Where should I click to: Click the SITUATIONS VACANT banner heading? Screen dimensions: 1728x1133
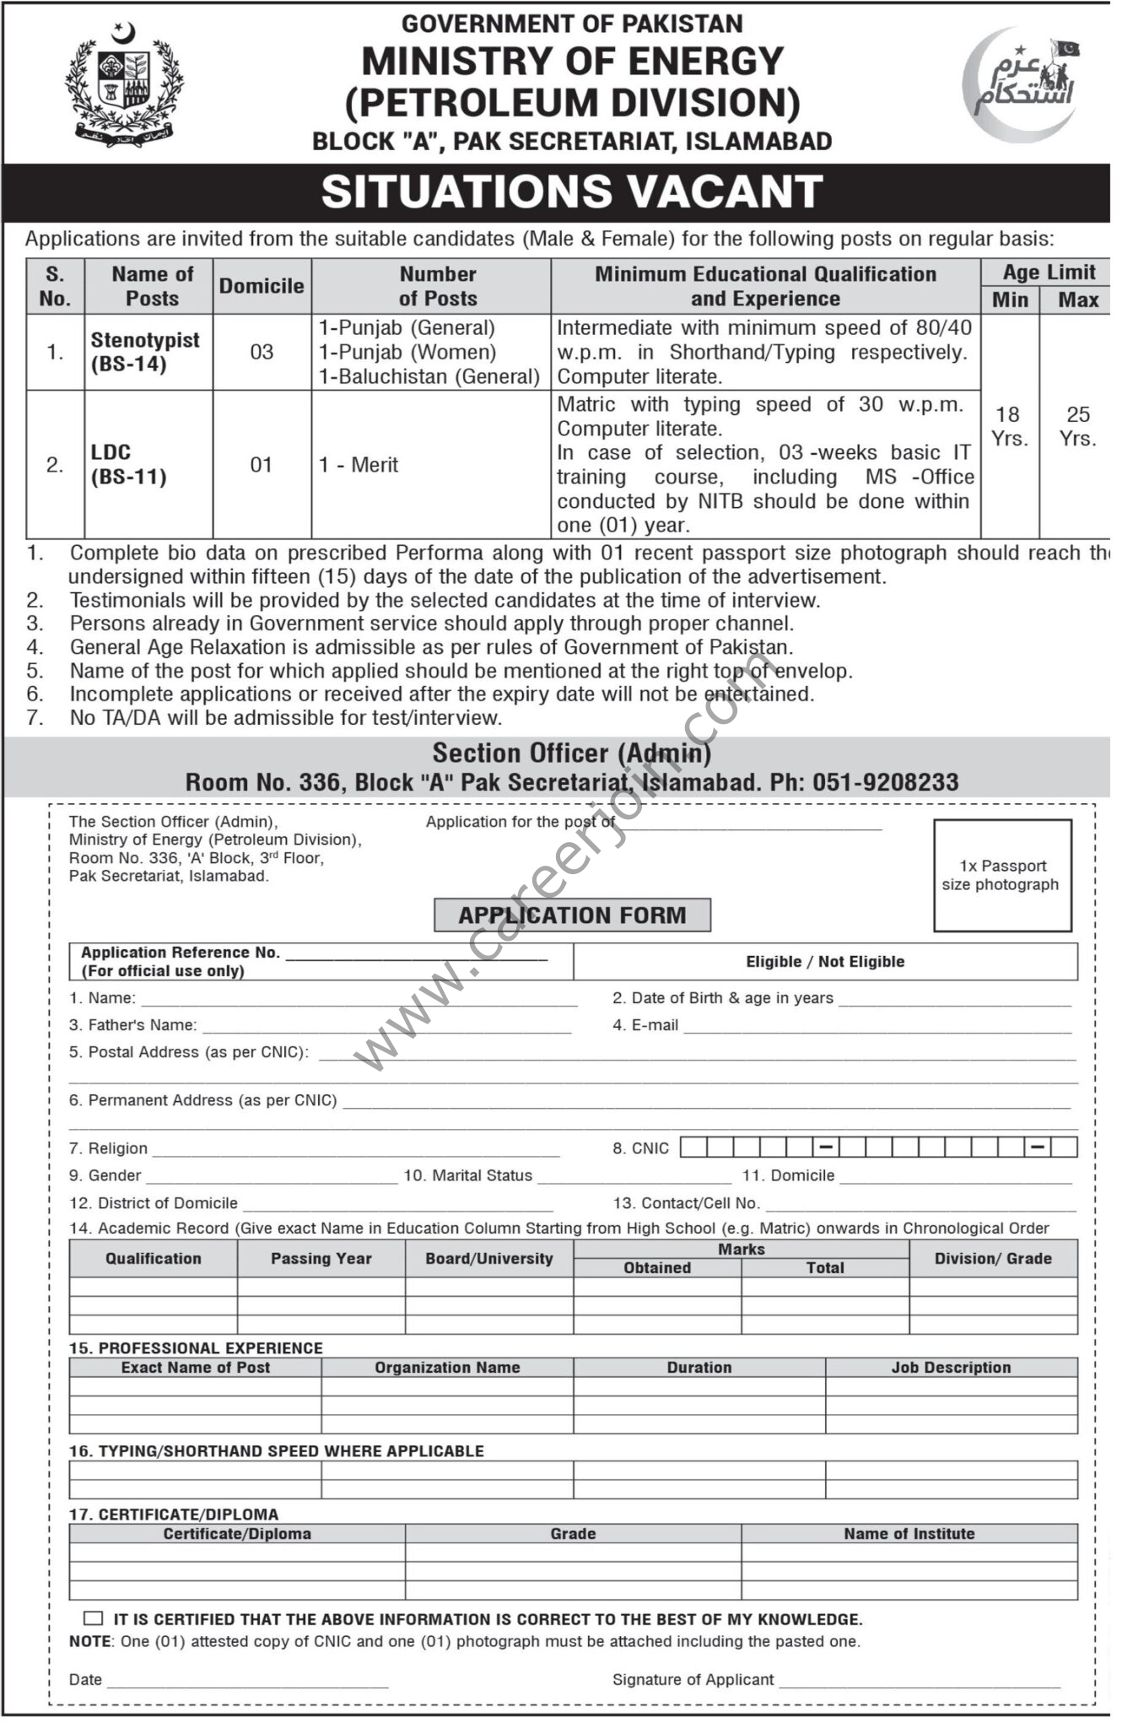(571, 192)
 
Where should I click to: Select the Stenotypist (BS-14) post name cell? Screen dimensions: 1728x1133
(145, 352)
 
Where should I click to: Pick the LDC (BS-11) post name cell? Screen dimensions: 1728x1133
(129, 464)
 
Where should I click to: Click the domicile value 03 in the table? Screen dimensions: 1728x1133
(262, 352)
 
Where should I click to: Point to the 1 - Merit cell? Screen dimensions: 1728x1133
(359, 465)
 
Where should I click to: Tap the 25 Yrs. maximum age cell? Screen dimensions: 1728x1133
(1077, 426)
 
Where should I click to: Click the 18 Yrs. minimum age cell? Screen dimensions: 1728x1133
(1008, 426)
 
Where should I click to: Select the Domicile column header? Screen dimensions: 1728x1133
(262, 286)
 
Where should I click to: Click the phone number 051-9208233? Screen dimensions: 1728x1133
(885, 782)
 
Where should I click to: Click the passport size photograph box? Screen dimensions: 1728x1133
(1001, 875)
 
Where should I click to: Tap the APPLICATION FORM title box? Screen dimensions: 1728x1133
(572, 915)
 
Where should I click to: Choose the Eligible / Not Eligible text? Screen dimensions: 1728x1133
(824, 961)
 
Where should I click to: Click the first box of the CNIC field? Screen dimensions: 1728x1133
(693, 1147)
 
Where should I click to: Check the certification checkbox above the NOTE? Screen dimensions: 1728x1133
(93, 1618)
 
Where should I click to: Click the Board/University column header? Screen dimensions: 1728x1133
(488, 1258)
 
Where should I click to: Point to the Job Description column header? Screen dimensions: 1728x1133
(951, 1367)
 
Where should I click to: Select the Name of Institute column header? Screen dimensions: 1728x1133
(909, 1533)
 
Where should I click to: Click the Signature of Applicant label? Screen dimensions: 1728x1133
(693, 1679)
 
